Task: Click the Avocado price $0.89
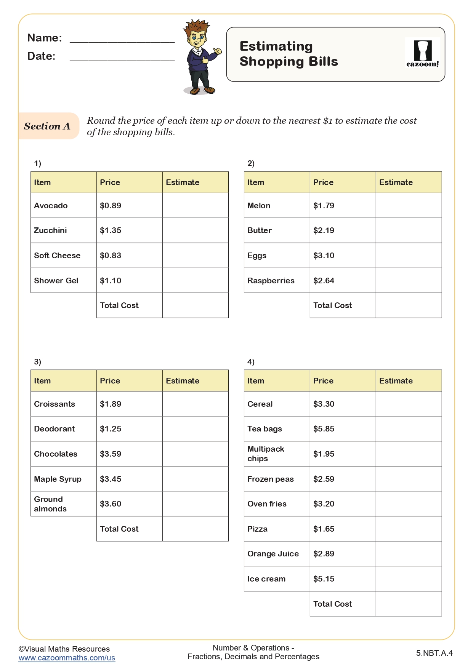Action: (x=111, y=206)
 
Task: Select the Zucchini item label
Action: (x=50, y=230)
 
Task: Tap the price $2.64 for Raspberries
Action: (x=324, y=281)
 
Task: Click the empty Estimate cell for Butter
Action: (x=409, y=230)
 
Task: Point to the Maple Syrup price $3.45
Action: (x=111, y=479)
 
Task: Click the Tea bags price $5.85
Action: (x=324, y=429)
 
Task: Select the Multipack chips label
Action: (x=266, y=454)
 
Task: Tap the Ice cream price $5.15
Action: (x=324, y=579)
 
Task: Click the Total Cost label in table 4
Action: (x=332, y=604)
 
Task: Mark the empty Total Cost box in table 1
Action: (x=195, y=305)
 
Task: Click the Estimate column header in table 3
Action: (x=183, y=381)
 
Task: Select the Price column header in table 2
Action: (x=323, y=182)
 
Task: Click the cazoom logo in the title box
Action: (x=423, y=54)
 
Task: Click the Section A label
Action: (x=47, y=126)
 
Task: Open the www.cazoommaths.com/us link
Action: (x=67, y=658)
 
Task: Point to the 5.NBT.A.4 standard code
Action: (x=434, y=653)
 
